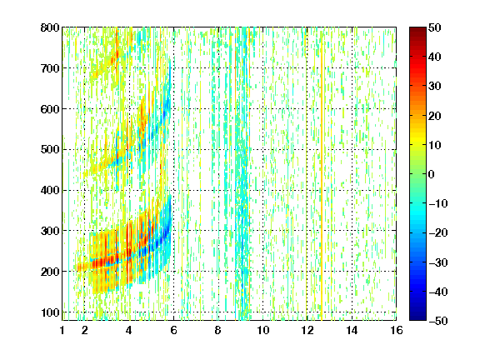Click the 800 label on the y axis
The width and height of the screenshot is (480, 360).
(50, 27)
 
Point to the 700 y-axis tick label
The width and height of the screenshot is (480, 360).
(50, 68)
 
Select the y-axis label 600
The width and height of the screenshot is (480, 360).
(50, 109)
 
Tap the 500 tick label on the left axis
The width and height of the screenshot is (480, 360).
(50, 150)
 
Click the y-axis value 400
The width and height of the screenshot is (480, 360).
(50, 190)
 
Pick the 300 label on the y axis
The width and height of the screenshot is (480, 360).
(50, 231)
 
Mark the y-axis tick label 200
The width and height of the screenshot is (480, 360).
(50, 272)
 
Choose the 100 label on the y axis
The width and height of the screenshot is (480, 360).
(50, 312)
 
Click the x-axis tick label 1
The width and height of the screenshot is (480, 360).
(62, 330)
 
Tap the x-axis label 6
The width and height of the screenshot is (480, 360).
(173, 330)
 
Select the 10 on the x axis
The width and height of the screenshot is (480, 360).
(262, 330)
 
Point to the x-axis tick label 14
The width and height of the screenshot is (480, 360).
(352, 330)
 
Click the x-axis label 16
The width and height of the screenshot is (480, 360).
(397, 330)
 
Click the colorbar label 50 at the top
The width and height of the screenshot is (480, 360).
(435, 27)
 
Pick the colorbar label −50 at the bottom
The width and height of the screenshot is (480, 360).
(438, 321)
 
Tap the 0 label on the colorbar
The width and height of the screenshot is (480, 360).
(432, 174)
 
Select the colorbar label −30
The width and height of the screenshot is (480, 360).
(438, 262)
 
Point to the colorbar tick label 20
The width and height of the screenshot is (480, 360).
(435, 116)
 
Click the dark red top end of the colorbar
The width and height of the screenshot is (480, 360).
(417, 29)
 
